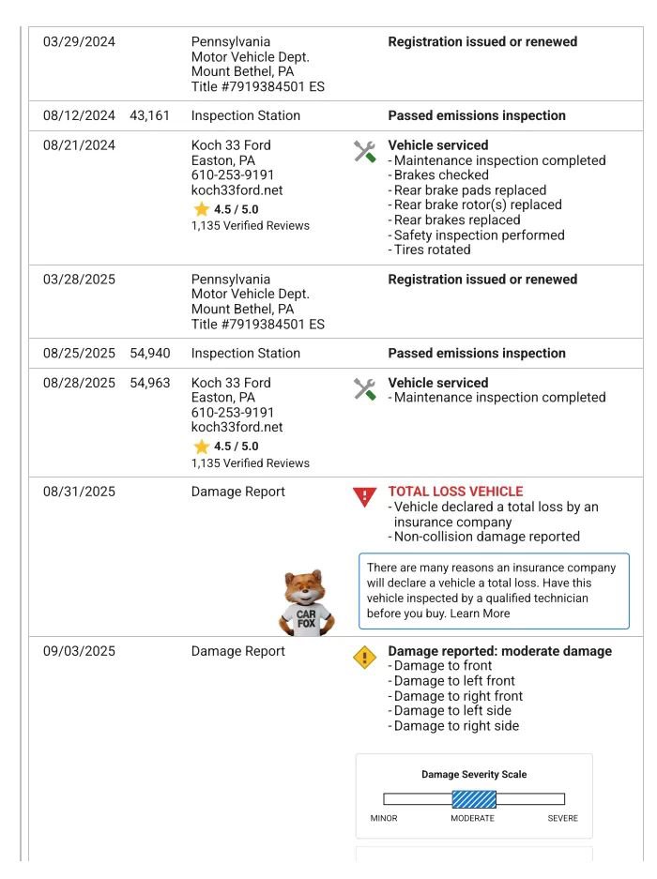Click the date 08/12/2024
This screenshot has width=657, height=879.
click(x=79, y=116)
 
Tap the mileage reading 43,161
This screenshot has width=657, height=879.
click(x=150, y=116)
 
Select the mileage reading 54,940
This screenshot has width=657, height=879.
click(x=150, y=354)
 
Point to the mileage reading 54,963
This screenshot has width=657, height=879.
click(x=150, y=383)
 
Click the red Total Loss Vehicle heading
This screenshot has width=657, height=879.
click(x=455, y=492)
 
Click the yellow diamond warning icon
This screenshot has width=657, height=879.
click(x=364, y=658)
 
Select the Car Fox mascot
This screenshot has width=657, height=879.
click(x=305, y=603)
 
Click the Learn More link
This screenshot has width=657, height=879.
click(x=480, y=614)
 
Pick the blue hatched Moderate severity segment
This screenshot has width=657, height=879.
click(x=474, y=799)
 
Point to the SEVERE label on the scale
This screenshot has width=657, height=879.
click(x=563, y=819)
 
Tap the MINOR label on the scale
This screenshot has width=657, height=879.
click(x=384, y=819)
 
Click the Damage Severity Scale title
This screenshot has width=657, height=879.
click(x=474, y=775)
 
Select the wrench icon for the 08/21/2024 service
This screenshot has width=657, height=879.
click(x=364, y=152)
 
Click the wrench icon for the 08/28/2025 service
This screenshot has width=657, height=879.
click(x=364, y=389)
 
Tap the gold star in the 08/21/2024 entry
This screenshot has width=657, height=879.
click(x=201, y=209)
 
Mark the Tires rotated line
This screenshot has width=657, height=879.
click(x=432, y=250)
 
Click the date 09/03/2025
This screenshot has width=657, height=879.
click(x=79, y=652)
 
